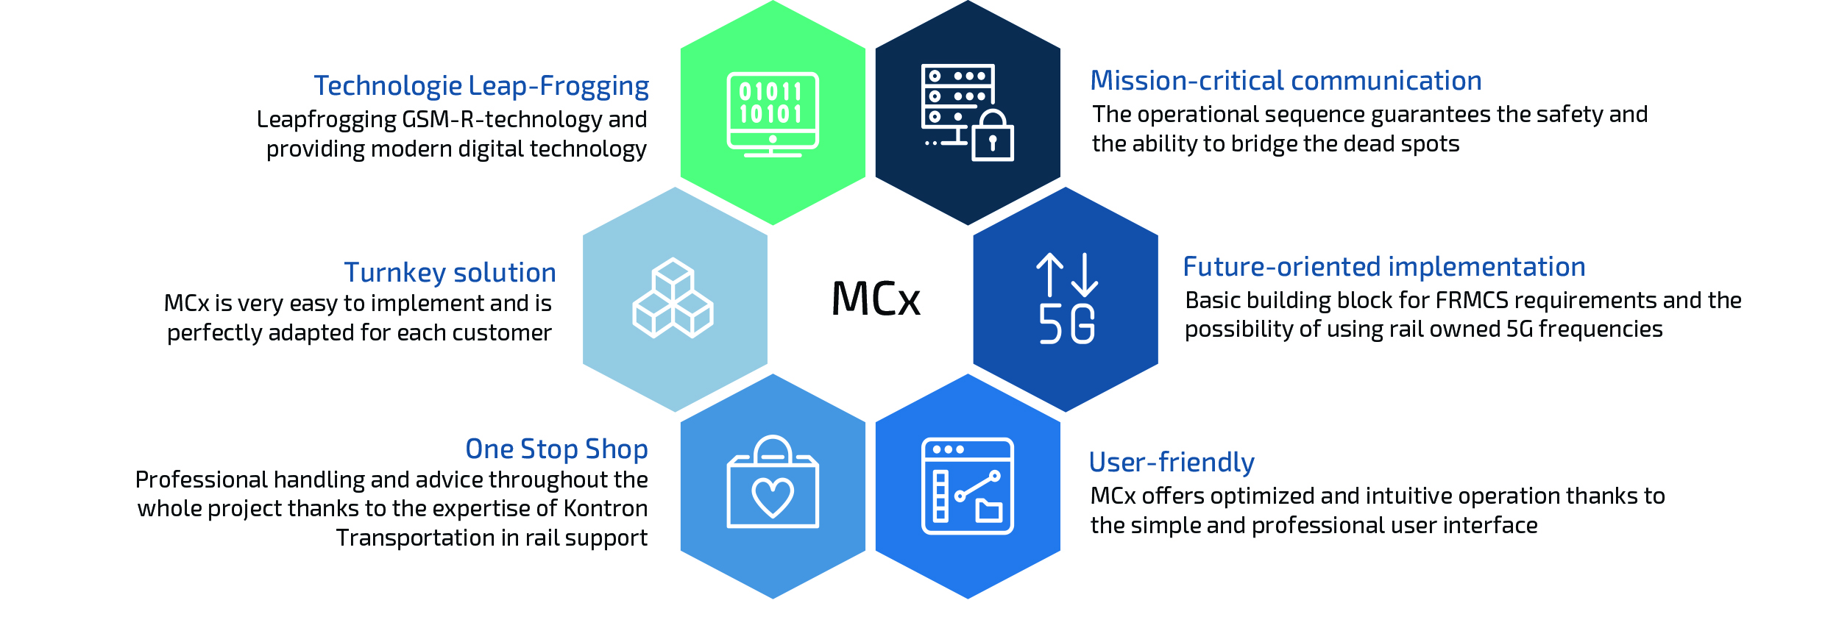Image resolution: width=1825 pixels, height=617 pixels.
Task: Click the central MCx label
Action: point(876,299)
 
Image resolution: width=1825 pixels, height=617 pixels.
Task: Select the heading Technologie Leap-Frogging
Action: point(481,87)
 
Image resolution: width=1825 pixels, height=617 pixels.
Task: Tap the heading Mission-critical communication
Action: point(1286,81)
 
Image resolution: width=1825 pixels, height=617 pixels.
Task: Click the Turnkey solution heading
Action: point(450,273)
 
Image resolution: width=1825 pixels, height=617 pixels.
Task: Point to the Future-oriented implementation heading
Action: point(1383,267)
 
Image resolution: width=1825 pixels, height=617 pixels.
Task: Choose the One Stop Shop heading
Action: point(556,449)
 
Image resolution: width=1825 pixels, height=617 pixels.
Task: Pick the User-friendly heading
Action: point(1172,463)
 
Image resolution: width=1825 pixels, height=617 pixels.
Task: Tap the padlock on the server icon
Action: point(993,138)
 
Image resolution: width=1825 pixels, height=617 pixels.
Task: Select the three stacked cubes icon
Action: point(673,298)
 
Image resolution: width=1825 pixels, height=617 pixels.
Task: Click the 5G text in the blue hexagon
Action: point(1066,324)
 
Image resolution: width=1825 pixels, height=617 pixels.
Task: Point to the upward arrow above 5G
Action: point(1049,274)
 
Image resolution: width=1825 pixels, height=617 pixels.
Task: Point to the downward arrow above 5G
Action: point(1085,274)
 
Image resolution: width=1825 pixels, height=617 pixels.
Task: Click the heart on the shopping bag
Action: point(773,496)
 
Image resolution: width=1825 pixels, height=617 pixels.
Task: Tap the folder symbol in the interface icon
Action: point(988,510)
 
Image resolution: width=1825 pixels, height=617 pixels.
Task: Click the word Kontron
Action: point(605,509)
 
